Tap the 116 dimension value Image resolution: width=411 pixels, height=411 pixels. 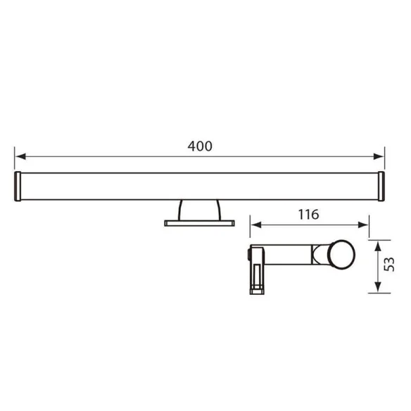[308, 214]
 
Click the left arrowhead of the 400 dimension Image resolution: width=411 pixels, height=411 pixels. [19, 156]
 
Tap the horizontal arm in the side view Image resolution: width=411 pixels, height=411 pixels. [289, 255]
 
